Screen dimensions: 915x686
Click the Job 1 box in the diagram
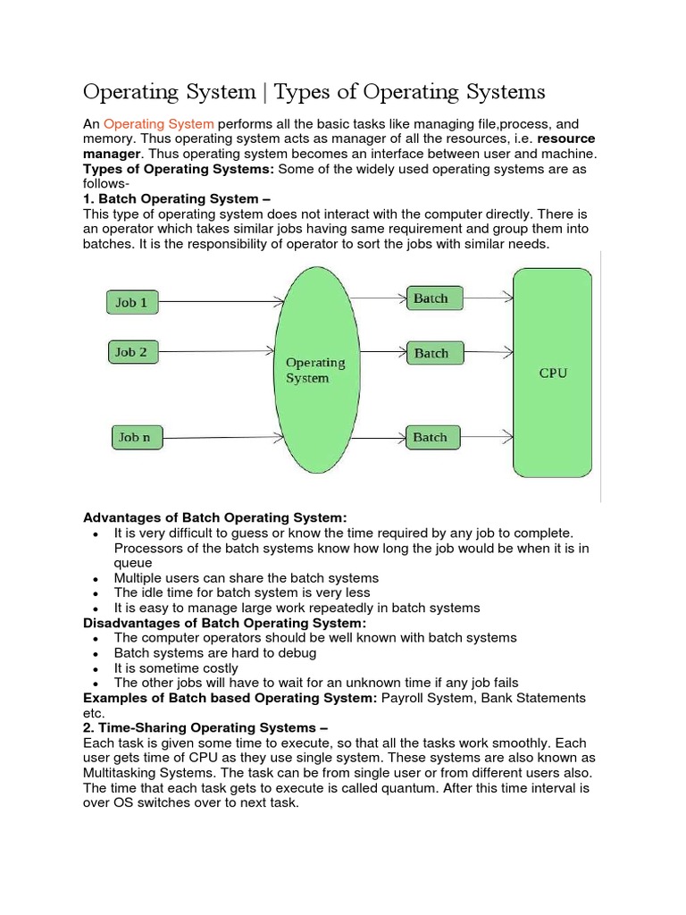coord(131,302)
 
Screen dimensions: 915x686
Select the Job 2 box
coord(131,352)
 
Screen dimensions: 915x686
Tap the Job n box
coord(137,437)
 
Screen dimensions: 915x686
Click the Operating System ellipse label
coord(315,370)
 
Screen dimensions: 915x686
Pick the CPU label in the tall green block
coord(553,373)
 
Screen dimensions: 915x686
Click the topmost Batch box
coord(433,298)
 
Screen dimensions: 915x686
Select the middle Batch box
coord(433,353)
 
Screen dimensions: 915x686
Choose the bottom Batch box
coord(433,437)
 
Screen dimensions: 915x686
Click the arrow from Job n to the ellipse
coord(223,438)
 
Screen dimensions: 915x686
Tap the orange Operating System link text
coord(158,123)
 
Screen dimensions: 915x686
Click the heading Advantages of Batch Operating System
coord(214,517)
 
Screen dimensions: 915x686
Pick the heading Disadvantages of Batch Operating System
coord(224,623)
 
